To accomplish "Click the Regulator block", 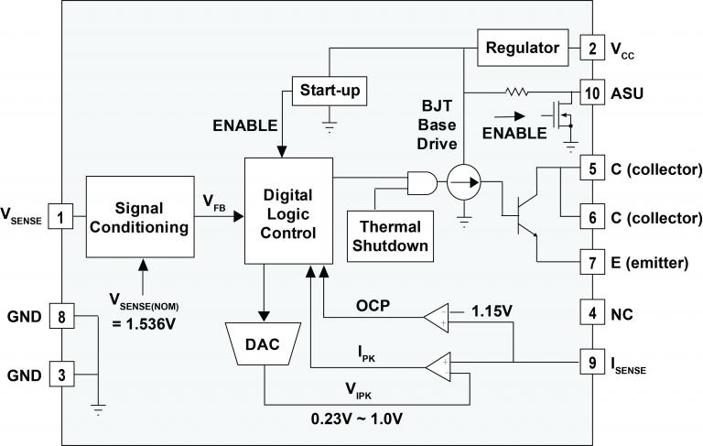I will (521, 47).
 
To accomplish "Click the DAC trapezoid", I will (265, 344).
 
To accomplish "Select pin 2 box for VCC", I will (592, 47).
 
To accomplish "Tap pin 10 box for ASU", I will (592, 92).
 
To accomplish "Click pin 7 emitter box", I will (592, 263).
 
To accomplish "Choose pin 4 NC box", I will (592, 313).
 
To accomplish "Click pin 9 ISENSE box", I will (592, 363).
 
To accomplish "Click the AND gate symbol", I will (423, 182).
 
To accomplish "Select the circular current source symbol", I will (465, 183).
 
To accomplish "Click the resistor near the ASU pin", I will (518, 92).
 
